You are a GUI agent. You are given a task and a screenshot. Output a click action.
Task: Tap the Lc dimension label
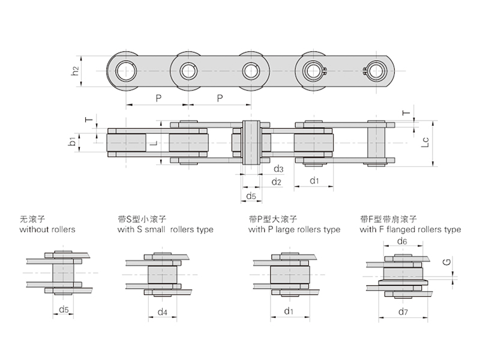pos(425,142)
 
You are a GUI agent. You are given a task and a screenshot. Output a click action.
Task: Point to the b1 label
pos(72,142)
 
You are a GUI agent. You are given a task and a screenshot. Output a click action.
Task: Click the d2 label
pos(277,181)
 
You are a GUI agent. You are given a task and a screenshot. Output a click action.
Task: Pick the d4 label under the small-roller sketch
pos(162,311)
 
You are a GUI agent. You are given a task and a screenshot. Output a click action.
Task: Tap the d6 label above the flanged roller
pos(403,241)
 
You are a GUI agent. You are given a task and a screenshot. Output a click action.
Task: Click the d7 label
pos(403,311)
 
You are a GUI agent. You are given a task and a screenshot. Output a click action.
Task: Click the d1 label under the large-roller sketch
pos(289,311)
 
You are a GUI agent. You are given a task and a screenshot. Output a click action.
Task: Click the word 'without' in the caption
pos(34,230)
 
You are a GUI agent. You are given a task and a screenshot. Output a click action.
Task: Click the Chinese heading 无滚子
pos(30,219)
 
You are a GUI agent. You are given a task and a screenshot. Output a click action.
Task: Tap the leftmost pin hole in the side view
pos(127,71)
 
